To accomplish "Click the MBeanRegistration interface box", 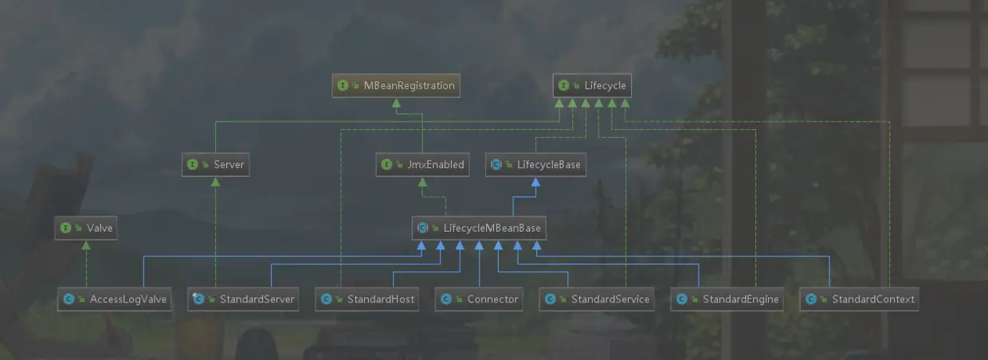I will point(396,85).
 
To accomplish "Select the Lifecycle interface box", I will point(592,85).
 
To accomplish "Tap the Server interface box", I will point(215,165).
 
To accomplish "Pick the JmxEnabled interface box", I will point(421,165).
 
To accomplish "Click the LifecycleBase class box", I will point(536,165).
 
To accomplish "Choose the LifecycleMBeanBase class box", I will point(479,229).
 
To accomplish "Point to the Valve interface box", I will point(86,229).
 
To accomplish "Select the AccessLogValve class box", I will point(115,299).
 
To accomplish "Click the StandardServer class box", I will point(243,299).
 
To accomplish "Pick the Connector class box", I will point(480,299).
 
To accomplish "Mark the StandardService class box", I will point(597,299).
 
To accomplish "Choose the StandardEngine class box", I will point(727,299).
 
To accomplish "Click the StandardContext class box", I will point(859,299).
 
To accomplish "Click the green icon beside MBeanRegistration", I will point(343,85).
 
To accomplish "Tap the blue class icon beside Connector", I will point(446,299).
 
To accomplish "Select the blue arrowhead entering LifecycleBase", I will point(536,182).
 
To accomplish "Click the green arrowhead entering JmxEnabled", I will point(421,182).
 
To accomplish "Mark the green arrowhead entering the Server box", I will point(215,182).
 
